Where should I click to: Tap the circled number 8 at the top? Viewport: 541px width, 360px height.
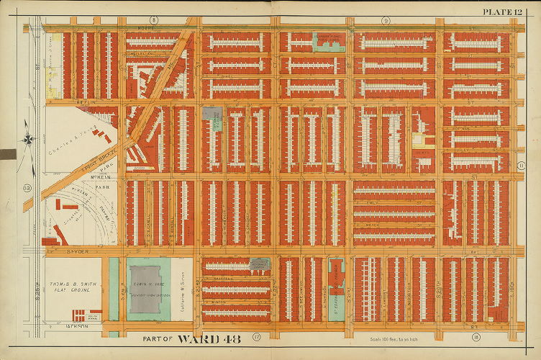[153, 19]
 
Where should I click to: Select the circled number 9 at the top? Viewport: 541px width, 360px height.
[386, 20]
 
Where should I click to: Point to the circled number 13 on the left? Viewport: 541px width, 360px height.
[28, 188]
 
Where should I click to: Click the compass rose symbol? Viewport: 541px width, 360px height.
[27, 138]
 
